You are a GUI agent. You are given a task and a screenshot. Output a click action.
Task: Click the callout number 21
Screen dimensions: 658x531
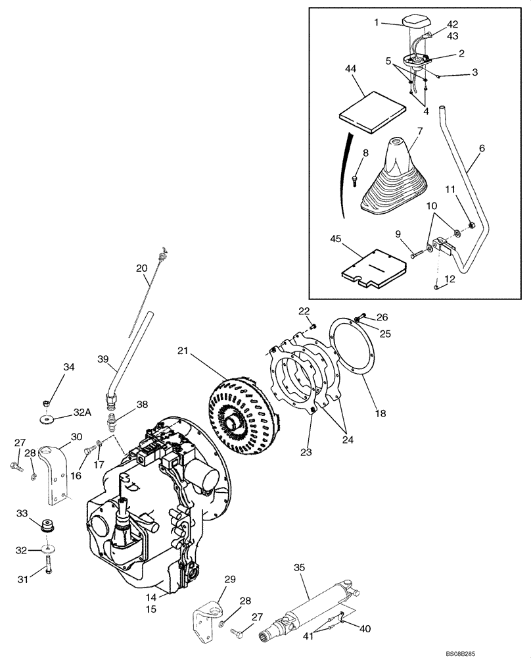coord(182,352)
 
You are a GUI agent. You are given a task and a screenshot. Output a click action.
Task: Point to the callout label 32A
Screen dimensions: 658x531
coord(81,413)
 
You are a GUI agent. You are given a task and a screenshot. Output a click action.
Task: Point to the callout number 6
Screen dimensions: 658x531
coord(482,149)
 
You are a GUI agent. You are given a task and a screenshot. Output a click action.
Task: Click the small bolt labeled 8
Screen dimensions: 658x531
coord(355,178)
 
